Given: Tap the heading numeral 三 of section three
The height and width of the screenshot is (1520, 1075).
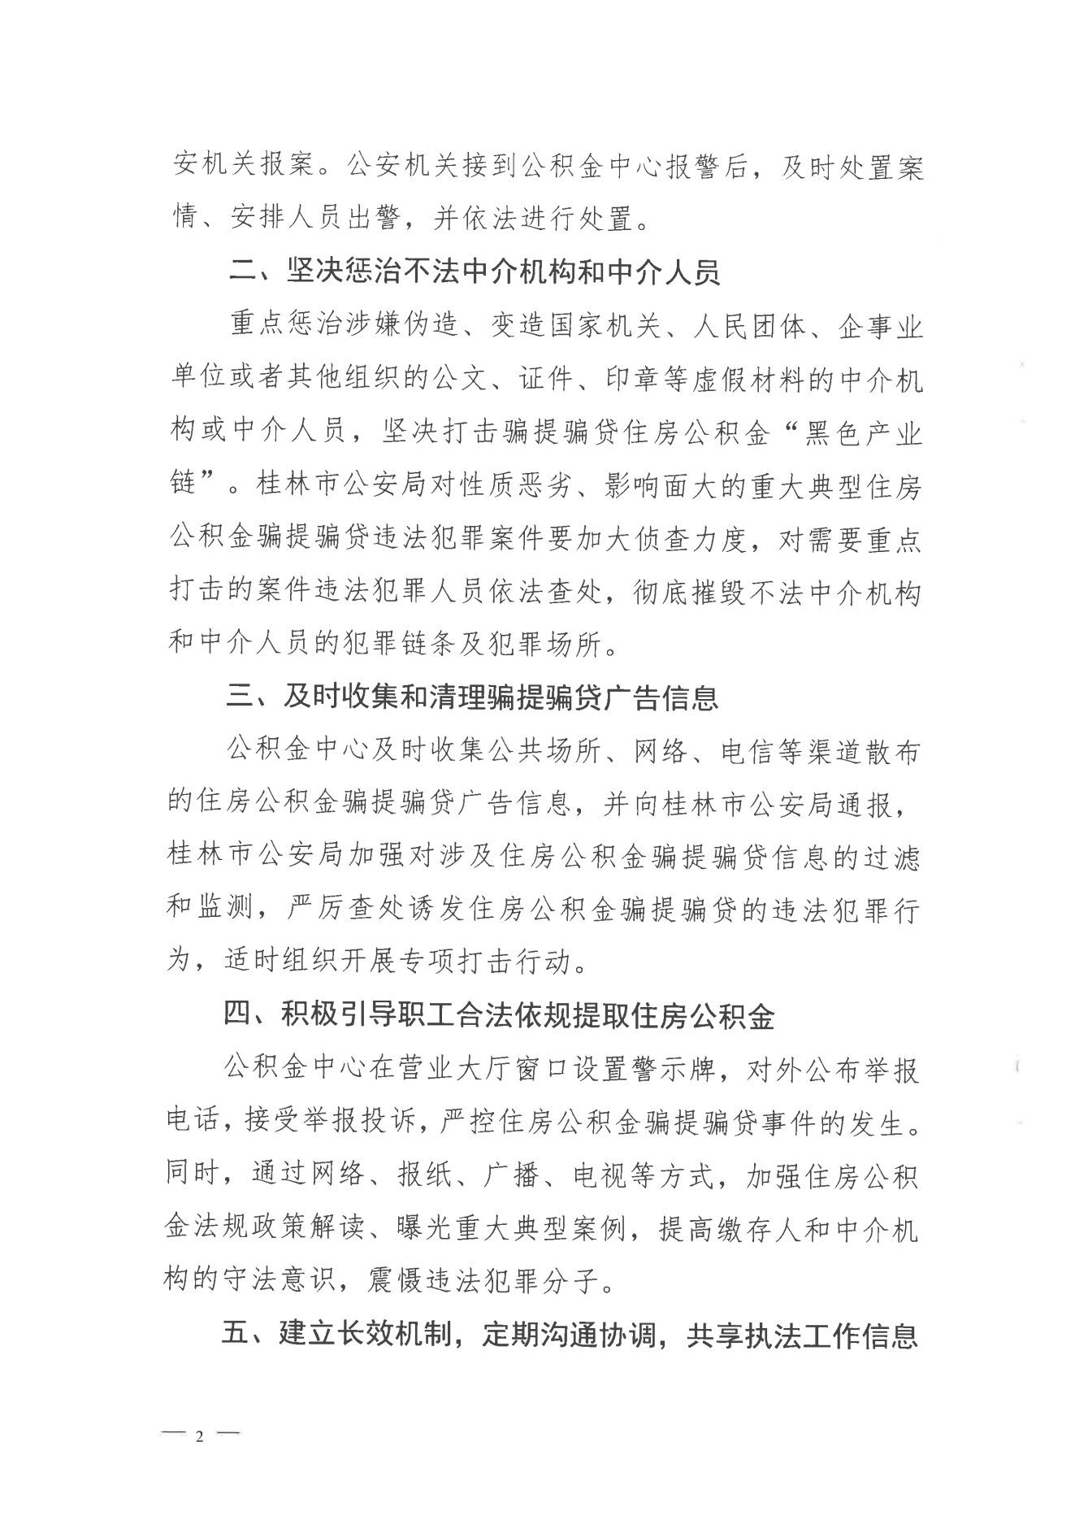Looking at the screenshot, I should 241,698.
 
